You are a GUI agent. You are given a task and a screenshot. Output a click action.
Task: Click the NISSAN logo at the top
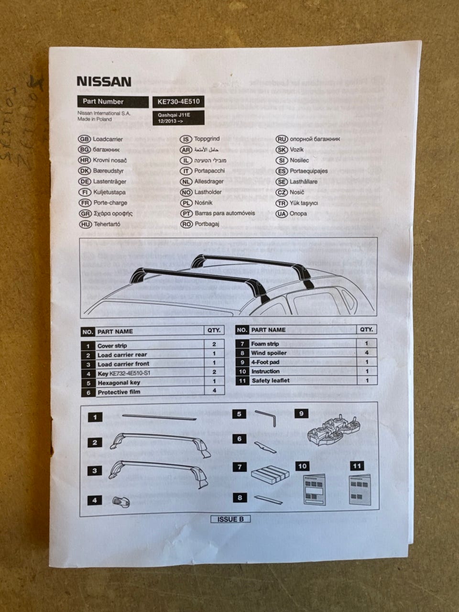click(x=104, y=81)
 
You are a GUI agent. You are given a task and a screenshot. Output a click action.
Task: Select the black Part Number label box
click(x=113, y=101)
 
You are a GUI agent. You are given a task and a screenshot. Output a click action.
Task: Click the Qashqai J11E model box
click(x=178, y=118)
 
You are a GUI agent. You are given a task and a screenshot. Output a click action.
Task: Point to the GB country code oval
click(x=84, y=139)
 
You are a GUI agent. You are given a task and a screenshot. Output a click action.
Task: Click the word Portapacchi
click(x=209, y=171)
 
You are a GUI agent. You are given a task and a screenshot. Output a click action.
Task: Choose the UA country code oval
click(x=282, y=213)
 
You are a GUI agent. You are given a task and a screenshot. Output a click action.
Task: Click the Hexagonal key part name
click(x=119, y=382)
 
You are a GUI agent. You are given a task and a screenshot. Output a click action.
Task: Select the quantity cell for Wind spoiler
click(x=367, y=353)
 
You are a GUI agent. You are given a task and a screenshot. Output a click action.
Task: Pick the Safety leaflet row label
click(x=271, y=381)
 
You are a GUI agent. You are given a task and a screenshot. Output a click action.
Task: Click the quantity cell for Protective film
click(x=214, y=391)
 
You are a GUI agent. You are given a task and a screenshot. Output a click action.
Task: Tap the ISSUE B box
click(x=231, y=519)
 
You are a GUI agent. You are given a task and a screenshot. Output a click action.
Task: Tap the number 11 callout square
click(x=357, y=466)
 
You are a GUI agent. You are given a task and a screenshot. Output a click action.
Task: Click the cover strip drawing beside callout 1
click(x=159, y=417)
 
